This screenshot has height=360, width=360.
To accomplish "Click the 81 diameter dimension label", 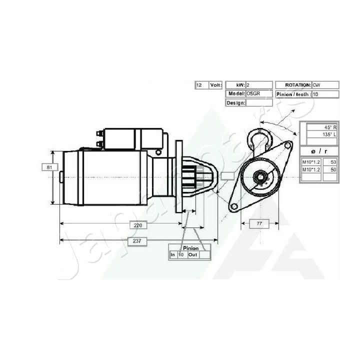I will tap(49, 167).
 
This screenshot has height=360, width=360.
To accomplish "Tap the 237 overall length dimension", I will tap(138, 241).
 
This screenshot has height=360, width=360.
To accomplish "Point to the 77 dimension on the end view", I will tap(259, 223).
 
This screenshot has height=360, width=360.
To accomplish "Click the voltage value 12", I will tap(199, 85).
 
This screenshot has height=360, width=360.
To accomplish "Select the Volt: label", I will tap(215, 85).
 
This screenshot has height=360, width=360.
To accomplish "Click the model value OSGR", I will tap(253, 93).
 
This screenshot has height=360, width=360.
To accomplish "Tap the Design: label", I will tap(235, 102).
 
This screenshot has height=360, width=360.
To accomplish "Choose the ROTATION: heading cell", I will tap(294, 85).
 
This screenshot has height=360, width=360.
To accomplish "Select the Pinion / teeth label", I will tap(293, 94).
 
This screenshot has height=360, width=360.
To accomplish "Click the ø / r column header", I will tap(319, 150).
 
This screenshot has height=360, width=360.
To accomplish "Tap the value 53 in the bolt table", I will tap(330, 162).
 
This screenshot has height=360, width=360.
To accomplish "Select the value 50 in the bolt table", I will tap(330, 170).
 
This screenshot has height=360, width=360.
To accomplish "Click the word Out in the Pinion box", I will tap(193, 255).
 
